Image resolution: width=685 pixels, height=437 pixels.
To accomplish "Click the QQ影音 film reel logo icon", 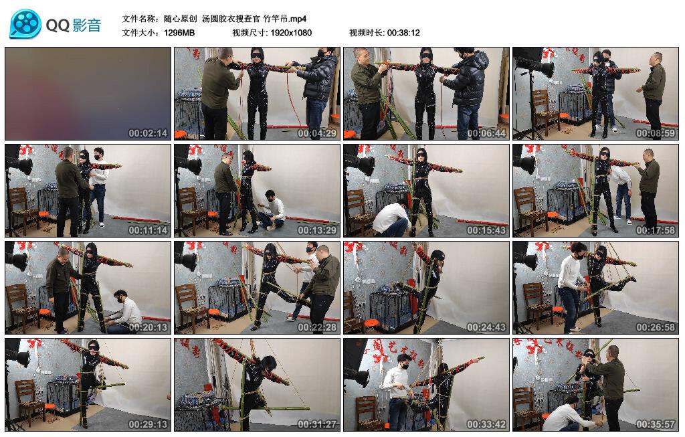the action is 25,24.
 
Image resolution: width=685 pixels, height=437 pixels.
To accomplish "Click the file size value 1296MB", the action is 179,33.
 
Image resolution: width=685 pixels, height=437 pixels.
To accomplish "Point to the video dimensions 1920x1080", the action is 291,33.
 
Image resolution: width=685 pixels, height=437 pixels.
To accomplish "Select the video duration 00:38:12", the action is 403,33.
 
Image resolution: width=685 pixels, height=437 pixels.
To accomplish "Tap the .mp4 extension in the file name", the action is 298,19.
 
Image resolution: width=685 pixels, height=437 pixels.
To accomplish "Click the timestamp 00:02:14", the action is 148,133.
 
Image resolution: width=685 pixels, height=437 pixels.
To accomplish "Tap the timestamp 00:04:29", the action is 317,133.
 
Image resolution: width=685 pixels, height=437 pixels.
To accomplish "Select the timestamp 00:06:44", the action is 486,133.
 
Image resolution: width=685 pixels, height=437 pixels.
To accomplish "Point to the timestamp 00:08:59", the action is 656,133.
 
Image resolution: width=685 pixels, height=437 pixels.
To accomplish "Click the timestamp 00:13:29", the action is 317,230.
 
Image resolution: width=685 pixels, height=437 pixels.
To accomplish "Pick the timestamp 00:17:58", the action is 656,230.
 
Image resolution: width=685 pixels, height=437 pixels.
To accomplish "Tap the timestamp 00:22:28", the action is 317,327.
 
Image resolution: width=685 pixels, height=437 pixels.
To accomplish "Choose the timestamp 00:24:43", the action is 486,327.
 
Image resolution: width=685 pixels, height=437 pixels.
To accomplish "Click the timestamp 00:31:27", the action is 317,424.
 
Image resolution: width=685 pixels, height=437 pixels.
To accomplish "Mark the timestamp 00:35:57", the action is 656,424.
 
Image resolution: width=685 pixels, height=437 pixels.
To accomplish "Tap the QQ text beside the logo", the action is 58,25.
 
